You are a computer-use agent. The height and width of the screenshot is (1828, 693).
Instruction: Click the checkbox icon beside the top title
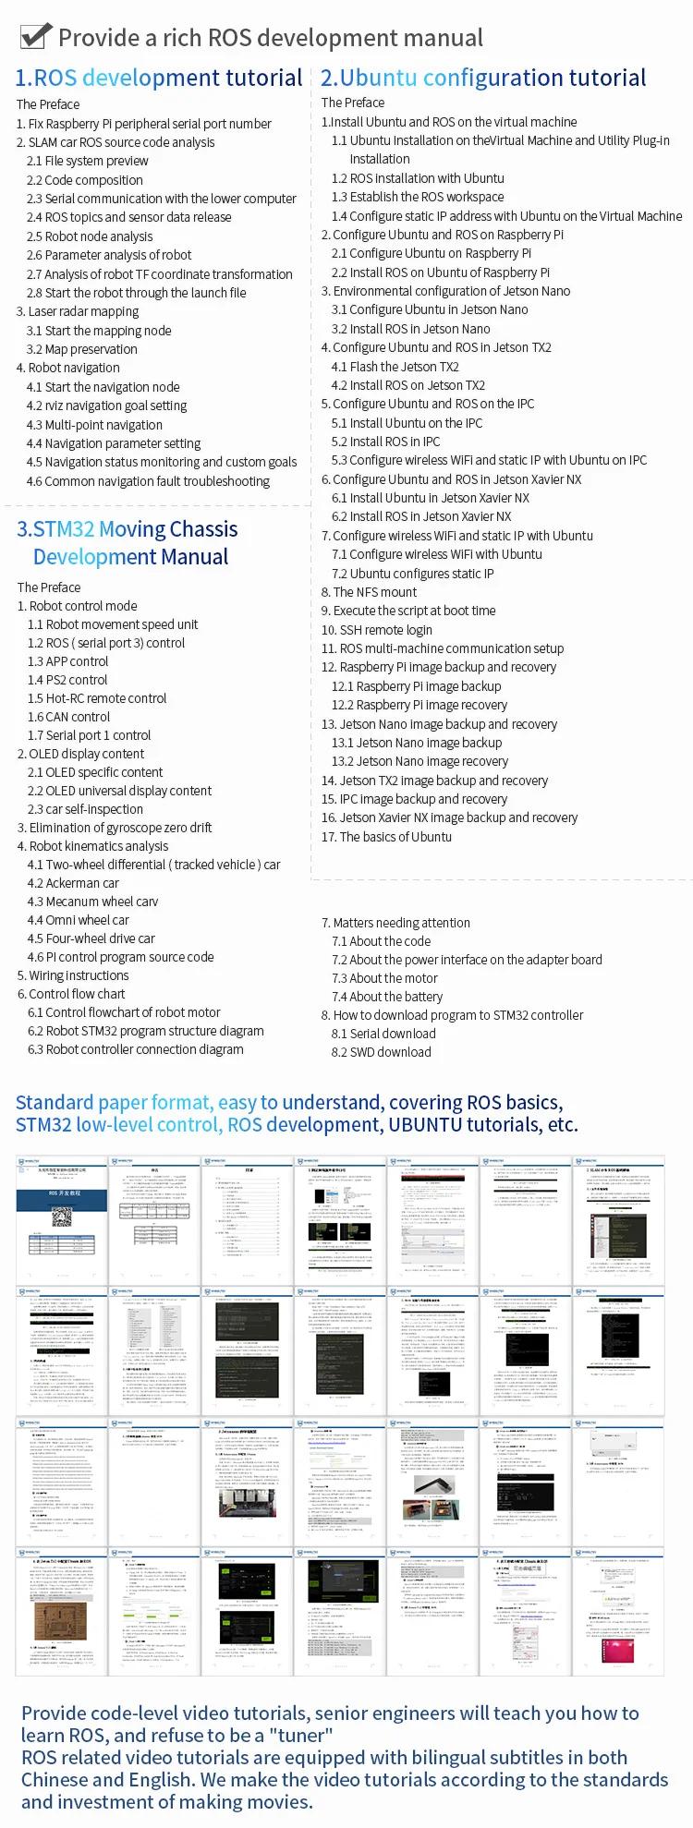click(35, 37)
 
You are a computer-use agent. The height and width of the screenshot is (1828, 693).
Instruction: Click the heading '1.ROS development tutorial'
click(159, 79)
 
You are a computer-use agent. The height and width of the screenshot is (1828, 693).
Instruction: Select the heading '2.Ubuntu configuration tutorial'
click(483, 79)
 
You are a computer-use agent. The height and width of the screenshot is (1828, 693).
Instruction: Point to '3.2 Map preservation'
click(81, 349)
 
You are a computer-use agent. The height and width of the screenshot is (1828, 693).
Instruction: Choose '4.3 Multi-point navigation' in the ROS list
click(94, 425)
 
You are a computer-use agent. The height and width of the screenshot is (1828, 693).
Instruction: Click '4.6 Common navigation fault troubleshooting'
click(148, 481)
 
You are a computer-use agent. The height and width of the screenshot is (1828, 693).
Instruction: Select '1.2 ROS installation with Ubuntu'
click(418, 178)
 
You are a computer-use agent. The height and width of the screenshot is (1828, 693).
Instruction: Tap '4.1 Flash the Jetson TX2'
click(395, 367)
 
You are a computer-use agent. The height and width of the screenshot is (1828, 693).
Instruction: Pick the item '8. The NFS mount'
click(369, 592)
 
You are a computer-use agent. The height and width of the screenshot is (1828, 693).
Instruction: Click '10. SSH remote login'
click(376, 630)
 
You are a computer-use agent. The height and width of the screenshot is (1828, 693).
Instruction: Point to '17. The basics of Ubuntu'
click(386, 837)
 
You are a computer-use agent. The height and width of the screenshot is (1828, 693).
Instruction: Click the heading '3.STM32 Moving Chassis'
click(128, 530)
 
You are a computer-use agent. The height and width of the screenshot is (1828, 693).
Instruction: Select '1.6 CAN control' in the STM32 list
click(68, 717)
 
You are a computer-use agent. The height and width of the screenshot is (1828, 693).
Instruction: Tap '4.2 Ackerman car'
click(73, 883)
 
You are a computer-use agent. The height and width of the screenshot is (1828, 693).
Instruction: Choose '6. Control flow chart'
click(71, 994)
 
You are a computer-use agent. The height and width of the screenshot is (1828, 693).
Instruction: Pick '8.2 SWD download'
click(381, 1052)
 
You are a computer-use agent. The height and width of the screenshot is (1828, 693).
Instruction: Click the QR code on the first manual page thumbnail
click(61, 1217)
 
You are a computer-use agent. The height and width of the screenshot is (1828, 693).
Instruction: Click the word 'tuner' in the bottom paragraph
click(300, 1736)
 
